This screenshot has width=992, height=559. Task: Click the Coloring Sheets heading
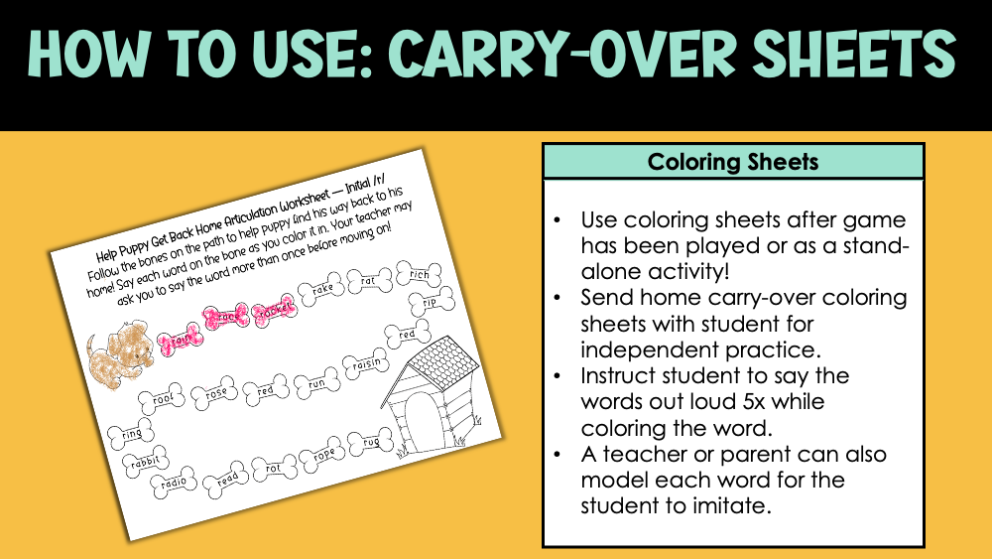(733, 161)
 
